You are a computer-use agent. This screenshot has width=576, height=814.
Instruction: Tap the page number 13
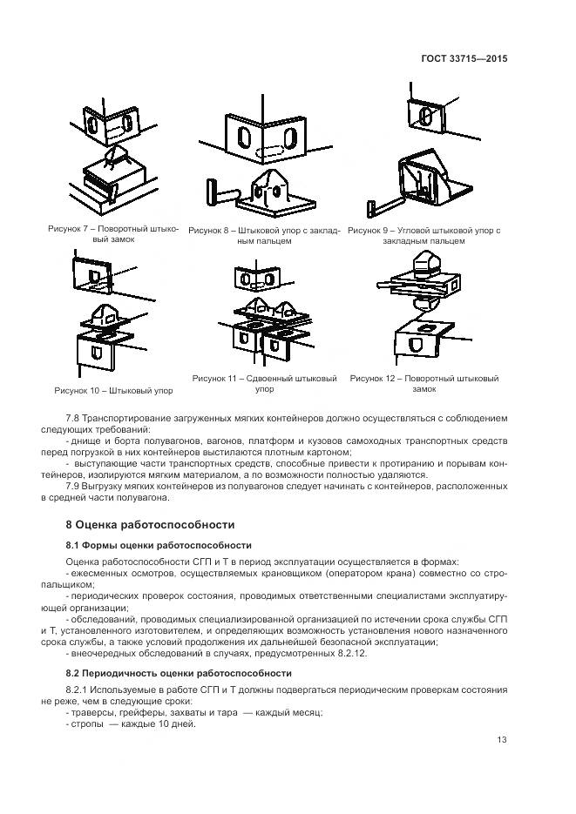(502, 740)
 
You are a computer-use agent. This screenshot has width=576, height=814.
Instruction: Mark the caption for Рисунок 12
(424, 384)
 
